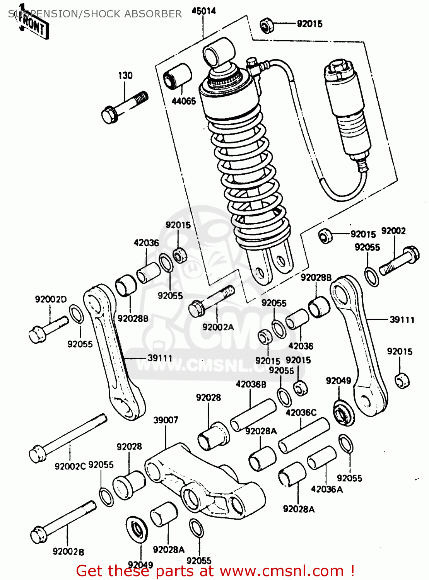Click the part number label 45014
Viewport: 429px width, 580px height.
[x=203, y=11]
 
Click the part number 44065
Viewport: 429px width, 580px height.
[x=184, y=101]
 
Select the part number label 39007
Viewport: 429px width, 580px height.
[x=166, y=420]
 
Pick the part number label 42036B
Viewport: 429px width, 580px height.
[x=251, y=384]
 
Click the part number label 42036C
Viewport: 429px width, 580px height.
[x=301, y=413]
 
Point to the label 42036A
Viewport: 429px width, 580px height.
[x=327, y=489]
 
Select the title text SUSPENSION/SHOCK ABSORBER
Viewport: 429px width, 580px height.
[x=95, y=14]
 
